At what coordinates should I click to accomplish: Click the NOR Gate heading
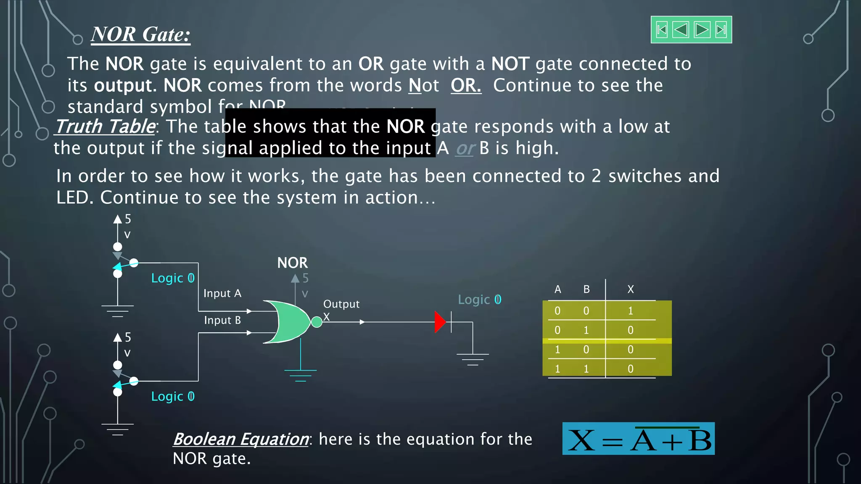[x=141, y=34]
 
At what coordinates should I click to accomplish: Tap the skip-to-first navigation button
[x=662, y=30]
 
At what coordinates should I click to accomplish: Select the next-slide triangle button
[x=702, y=30]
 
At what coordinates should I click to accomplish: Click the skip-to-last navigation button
[x=721, y=30]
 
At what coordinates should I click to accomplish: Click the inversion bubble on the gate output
[x=317, y=322]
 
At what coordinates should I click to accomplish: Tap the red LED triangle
[x=440, y=322]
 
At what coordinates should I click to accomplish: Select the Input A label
[x=222, y=293]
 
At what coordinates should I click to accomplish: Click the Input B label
[x=222, y=320]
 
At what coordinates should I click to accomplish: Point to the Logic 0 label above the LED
[x=479, y=300]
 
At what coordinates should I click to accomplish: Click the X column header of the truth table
[x=630, y=289]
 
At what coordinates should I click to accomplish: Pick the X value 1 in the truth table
[x=630, y=311]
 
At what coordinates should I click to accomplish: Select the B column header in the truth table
[x=586, y=289]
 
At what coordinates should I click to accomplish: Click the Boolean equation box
[x=638, y=439]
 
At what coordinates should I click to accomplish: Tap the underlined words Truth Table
[x=105, y=126]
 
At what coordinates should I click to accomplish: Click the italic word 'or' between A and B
[x=465, y=148]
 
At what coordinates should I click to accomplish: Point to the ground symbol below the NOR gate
[x=300, y=374]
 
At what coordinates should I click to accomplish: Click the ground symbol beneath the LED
[x=473, y=358]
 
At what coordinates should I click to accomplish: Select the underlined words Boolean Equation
[x=241, y=439]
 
